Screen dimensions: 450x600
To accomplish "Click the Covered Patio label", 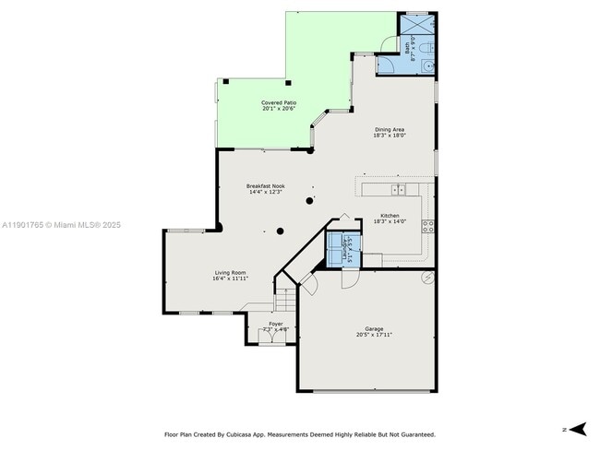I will coord(278,102).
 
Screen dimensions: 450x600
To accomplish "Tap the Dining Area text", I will coord(389,129).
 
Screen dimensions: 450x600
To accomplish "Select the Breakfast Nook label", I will coord(265,186).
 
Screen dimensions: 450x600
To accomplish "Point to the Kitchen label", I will coord(390,215).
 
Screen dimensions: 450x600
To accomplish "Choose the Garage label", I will coord(374,328).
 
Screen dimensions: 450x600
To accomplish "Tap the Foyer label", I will coord(276,324).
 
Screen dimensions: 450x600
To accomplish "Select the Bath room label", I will coord(408,46).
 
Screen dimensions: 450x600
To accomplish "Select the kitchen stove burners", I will coord(428,225).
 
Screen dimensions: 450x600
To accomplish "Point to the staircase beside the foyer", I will coord(287,301).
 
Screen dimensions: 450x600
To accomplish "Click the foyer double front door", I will coord(270,338).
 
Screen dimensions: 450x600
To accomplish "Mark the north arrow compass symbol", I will coord(577,428).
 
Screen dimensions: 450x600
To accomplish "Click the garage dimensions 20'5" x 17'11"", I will coord(374,335).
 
